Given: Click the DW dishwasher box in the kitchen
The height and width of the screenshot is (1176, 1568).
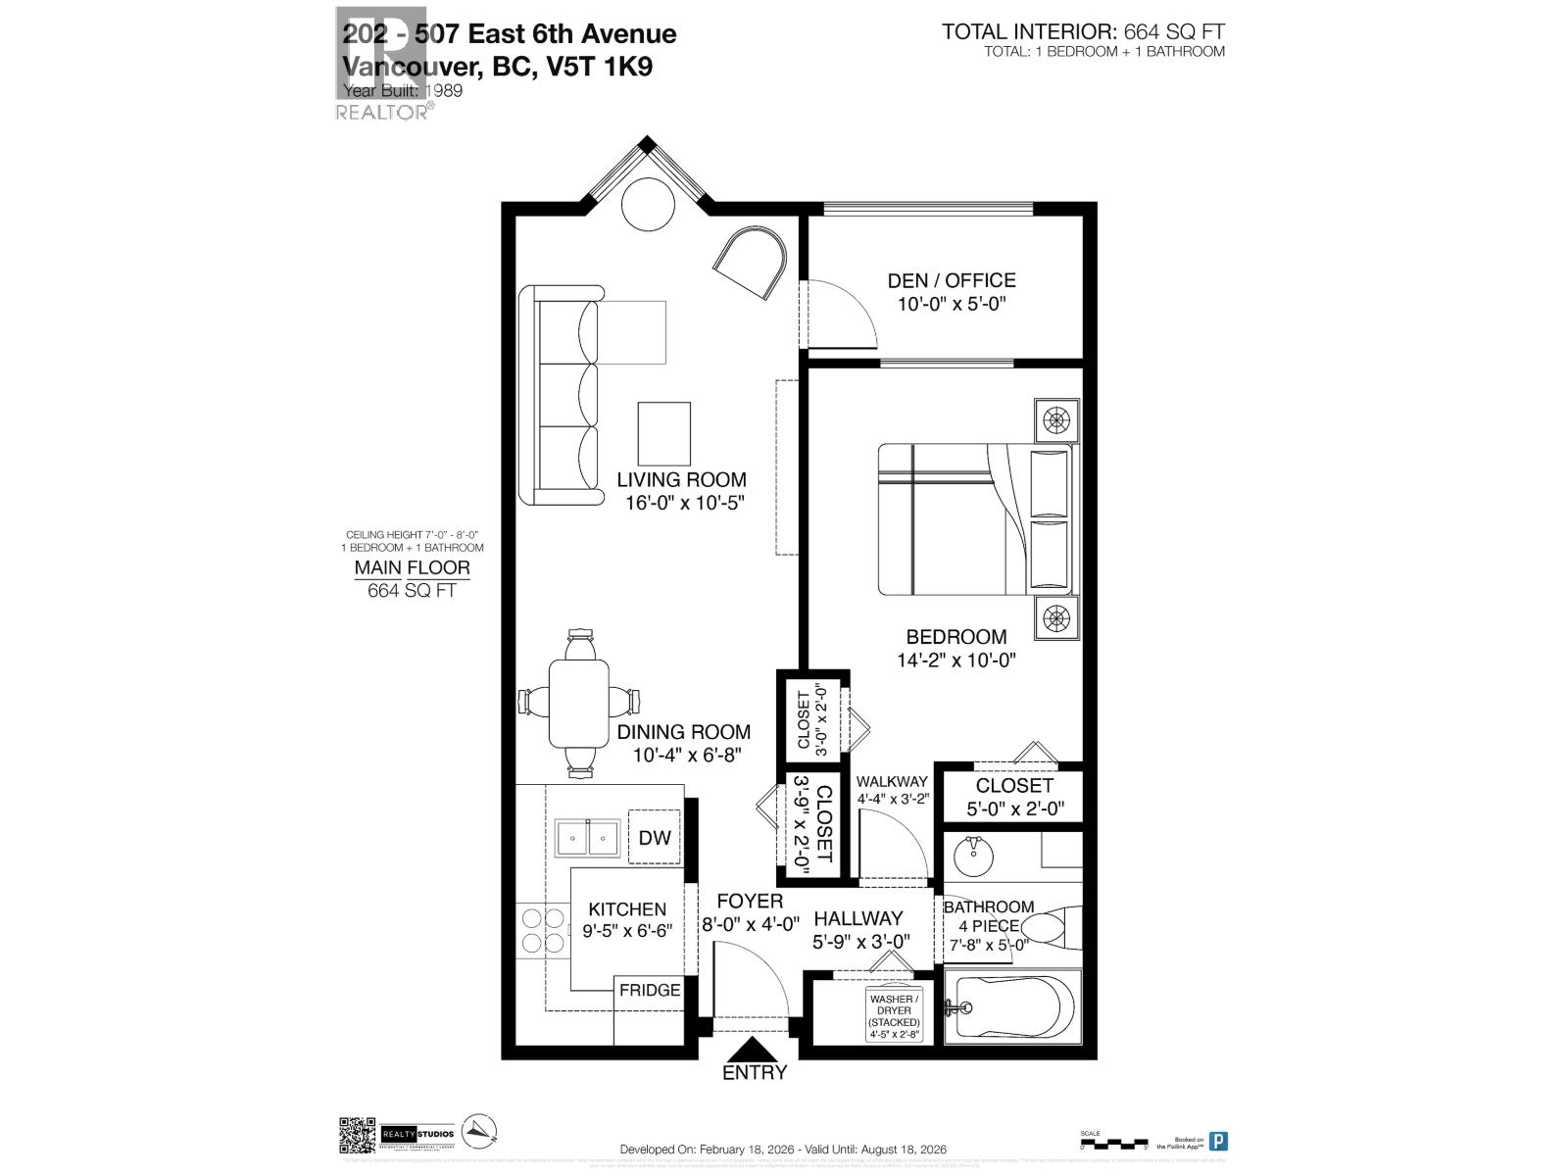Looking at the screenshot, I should tap(654, 837).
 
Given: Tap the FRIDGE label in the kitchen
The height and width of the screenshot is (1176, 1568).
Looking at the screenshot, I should tap(649, 990).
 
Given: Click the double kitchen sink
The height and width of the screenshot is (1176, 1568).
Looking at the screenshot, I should tap(587, 838).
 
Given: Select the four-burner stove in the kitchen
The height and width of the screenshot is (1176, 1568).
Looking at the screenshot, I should tap(542, 931).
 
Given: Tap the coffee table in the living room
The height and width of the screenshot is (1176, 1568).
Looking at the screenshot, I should tap(663, 433).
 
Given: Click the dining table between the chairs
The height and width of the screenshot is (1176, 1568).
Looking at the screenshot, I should tap(578, 703).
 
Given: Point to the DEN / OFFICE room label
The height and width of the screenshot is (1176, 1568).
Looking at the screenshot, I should tap(951, 281).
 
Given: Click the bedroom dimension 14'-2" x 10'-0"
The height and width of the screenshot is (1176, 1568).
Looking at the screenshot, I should tap(955, 661).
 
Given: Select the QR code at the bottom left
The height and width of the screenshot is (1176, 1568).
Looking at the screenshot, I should tap(358, 1135).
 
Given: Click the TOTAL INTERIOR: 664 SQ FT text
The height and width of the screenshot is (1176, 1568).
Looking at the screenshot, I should tap(1083, 32).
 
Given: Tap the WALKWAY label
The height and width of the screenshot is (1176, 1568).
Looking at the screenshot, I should tap(891, 781).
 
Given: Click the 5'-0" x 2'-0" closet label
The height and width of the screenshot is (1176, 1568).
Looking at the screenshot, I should tap(1014, 810).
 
